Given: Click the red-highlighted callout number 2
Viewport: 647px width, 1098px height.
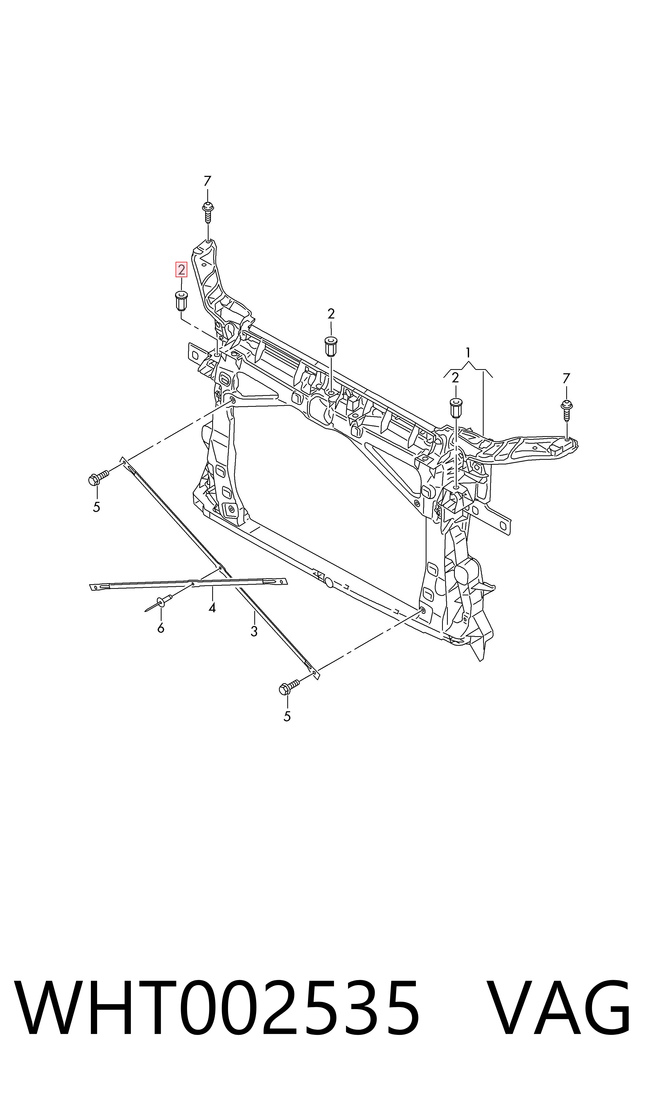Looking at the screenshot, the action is click(181, 270).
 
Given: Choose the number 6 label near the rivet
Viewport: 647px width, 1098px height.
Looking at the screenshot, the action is click(161, 628).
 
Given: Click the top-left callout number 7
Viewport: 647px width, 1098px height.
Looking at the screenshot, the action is click(208, 181).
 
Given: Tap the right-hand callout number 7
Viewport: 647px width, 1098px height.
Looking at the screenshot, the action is click(566, 378).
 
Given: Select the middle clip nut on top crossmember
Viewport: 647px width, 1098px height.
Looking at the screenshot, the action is click(331, 346).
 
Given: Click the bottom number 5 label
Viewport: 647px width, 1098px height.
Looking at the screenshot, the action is click(287, 716).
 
